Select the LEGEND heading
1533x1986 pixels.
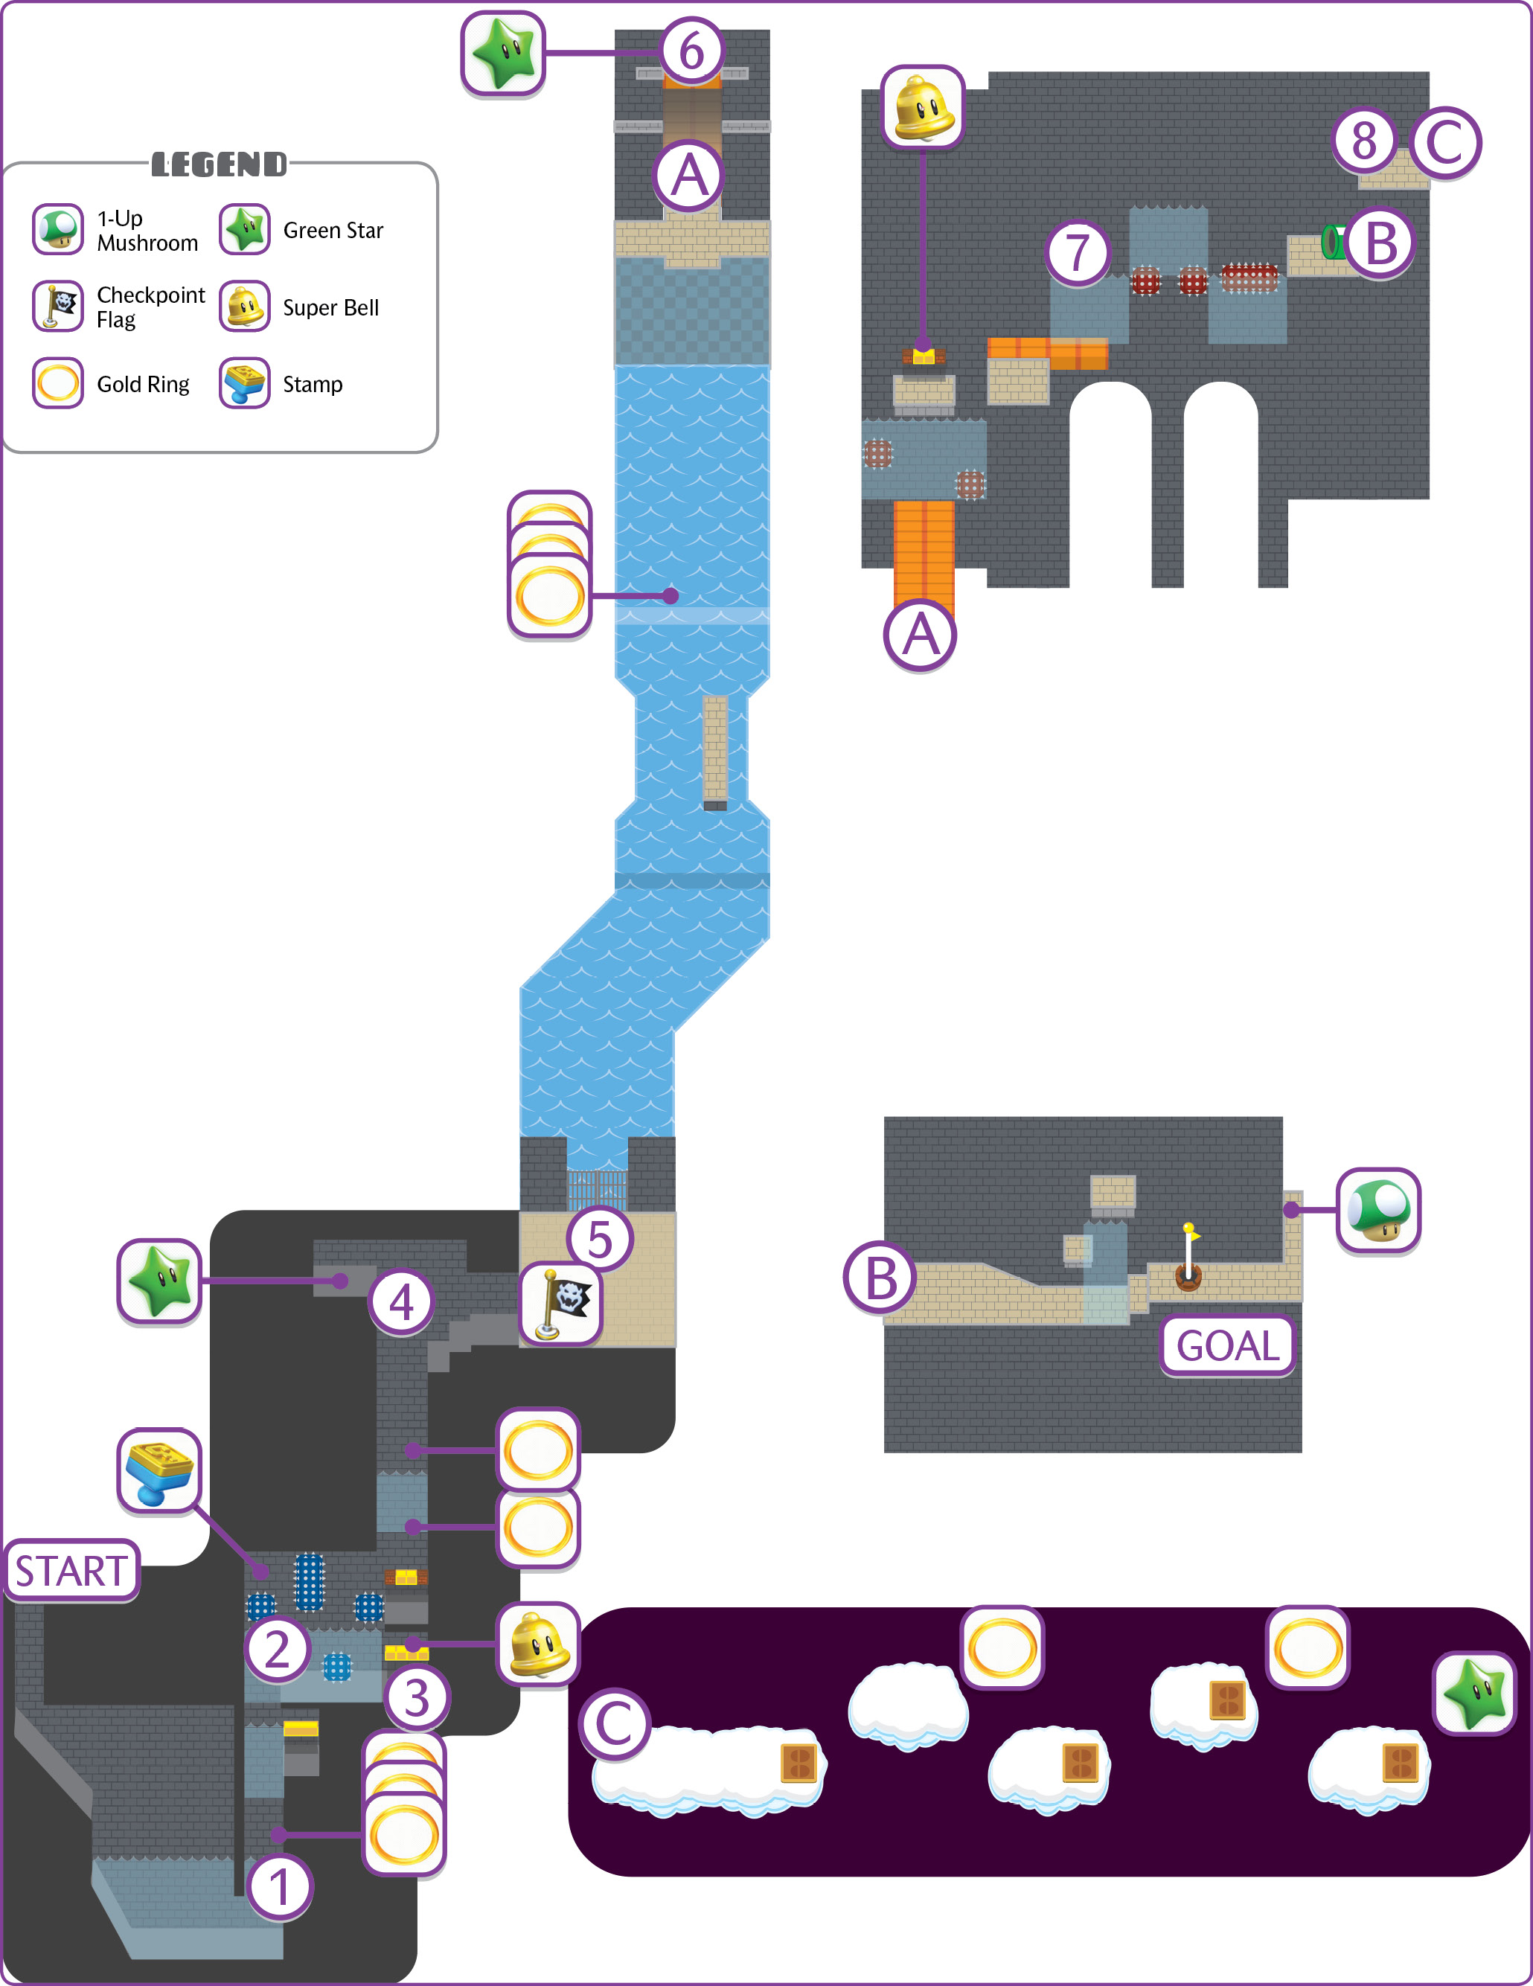219,164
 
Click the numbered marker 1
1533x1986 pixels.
279,1886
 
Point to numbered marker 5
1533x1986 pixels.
600,1238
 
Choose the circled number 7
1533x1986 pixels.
1078,252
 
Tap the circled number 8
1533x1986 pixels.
1364,141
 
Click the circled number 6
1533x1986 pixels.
692,51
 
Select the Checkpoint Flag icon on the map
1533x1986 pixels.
560,1305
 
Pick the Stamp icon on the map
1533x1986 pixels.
159,1470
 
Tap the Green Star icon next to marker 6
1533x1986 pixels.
503,53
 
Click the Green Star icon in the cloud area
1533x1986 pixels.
1475,1692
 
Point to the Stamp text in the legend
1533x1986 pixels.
313,385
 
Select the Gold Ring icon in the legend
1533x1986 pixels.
58,382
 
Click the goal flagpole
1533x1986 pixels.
1188,1257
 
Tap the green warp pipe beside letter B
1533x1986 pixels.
1334,242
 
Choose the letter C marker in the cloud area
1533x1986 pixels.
615,1724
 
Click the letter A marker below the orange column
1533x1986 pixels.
920,635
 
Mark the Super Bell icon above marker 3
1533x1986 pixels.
538,1643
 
